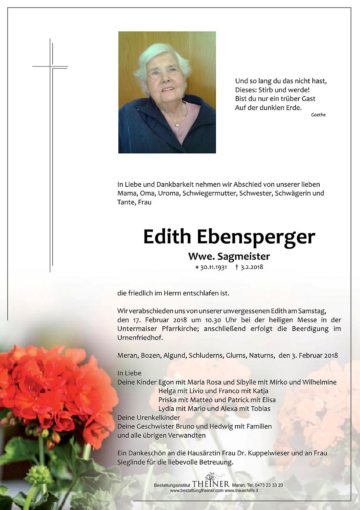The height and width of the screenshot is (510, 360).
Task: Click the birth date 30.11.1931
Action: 213,267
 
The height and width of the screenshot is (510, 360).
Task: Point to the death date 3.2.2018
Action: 251,267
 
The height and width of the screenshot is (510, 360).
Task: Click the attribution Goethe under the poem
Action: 318,115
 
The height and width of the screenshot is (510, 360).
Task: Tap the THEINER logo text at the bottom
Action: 210,484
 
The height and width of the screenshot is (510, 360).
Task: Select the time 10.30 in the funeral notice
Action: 213,320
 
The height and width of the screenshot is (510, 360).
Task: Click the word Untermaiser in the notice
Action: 137,329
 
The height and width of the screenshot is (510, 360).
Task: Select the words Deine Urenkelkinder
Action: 148,418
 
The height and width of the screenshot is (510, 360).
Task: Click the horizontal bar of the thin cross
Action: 50,67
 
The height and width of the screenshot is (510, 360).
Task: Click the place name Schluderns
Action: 205,355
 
